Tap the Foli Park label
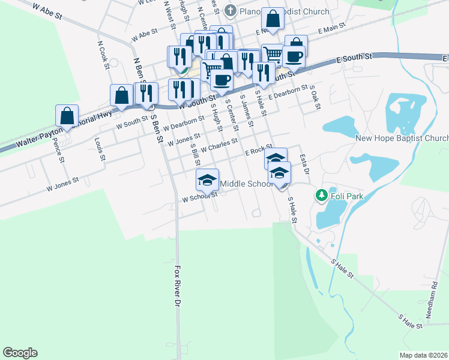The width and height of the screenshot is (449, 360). [x=345, y=195]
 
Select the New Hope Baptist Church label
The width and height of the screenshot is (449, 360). [x=402, y=138]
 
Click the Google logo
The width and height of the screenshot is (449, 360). [x=20, y=353]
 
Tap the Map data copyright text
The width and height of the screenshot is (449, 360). [x=423, y=355]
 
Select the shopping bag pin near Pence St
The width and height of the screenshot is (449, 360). [x=67, y=116]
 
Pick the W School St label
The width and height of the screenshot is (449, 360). [x=199, y=196]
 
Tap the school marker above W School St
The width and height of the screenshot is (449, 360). [x=207, y=179]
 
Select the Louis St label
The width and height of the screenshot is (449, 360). [x=100, y=150]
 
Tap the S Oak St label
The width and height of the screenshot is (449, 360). [x=315, y=97]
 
